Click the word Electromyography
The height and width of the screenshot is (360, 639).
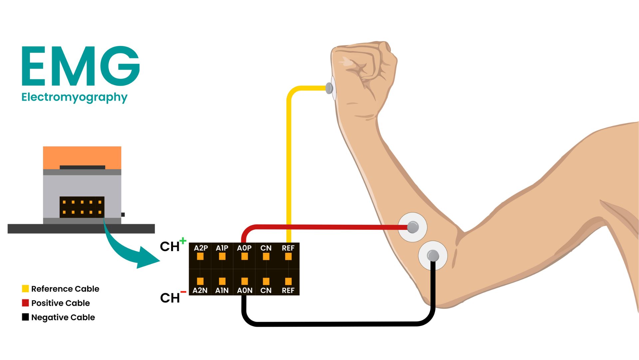[74, 97]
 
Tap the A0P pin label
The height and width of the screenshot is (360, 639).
[244, 248]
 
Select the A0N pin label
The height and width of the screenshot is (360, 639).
[245, 290]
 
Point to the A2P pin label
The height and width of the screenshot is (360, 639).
[201, 248]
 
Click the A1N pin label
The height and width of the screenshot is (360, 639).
[222, 290]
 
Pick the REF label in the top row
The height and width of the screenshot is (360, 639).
[288, 248]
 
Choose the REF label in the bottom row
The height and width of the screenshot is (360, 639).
[288, 290]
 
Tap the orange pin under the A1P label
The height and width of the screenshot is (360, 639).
[222, 256]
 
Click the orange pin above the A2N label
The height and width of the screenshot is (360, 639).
[200, 281]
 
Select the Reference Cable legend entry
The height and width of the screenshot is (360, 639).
[65, 289]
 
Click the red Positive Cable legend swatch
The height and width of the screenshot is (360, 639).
[25, 303]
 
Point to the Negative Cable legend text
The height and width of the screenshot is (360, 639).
[63, 317]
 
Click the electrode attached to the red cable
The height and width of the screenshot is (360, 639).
[413, 227]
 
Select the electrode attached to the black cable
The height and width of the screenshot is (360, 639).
[433, 255]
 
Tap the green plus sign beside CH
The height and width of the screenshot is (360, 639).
[183, 240]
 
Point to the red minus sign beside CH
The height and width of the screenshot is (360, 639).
[183, 292]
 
